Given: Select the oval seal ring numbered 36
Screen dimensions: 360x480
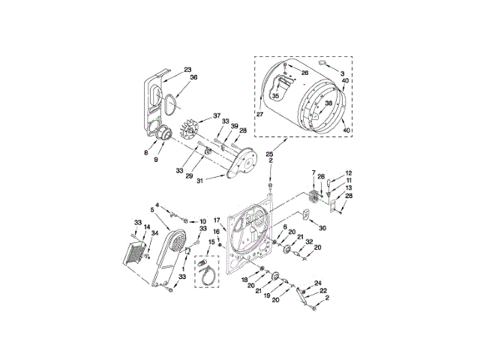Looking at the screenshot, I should coord(171,97).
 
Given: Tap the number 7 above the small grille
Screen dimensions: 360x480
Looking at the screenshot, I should coord(313,173).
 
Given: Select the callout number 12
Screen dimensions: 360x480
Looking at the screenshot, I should coord(348,172).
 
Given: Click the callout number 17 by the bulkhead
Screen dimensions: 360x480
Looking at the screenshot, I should coord(216,220).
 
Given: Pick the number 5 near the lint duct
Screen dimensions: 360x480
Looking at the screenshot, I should coord(154,209).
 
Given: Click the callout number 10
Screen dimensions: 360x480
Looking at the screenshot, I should coord(202,221).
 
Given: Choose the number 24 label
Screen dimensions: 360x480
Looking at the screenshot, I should coord(317,283).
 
